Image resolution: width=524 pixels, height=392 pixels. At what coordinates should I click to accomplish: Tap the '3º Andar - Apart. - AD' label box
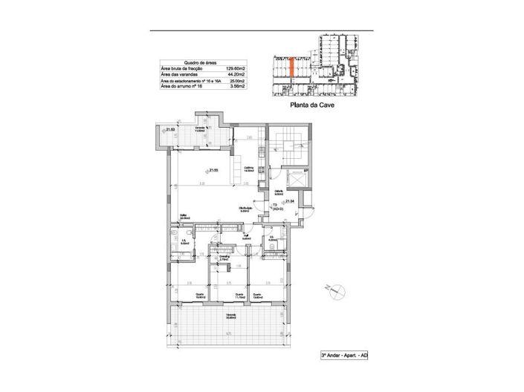click(344, 356)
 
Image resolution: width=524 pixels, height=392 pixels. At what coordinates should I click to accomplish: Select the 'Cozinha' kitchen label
click(250, 169)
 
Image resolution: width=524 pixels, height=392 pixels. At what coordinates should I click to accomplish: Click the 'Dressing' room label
click(223, 258)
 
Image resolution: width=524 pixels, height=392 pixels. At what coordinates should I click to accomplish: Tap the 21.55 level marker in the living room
click(213, 170)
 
